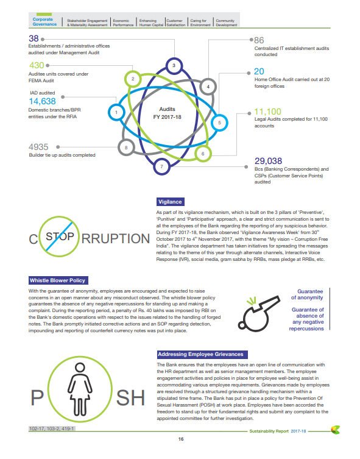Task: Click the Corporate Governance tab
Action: click(46, 22)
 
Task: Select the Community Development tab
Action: click(227, 22)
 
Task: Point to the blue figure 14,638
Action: click(43, 101)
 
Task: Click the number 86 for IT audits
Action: click(259, 40)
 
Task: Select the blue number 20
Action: click(259, 71)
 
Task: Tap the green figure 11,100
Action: click(267, 112)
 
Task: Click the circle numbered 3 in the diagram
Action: click(174, 65)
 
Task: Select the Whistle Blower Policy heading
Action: click(58, 280)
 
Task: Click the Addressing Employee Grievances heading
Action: click(201, 354)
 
